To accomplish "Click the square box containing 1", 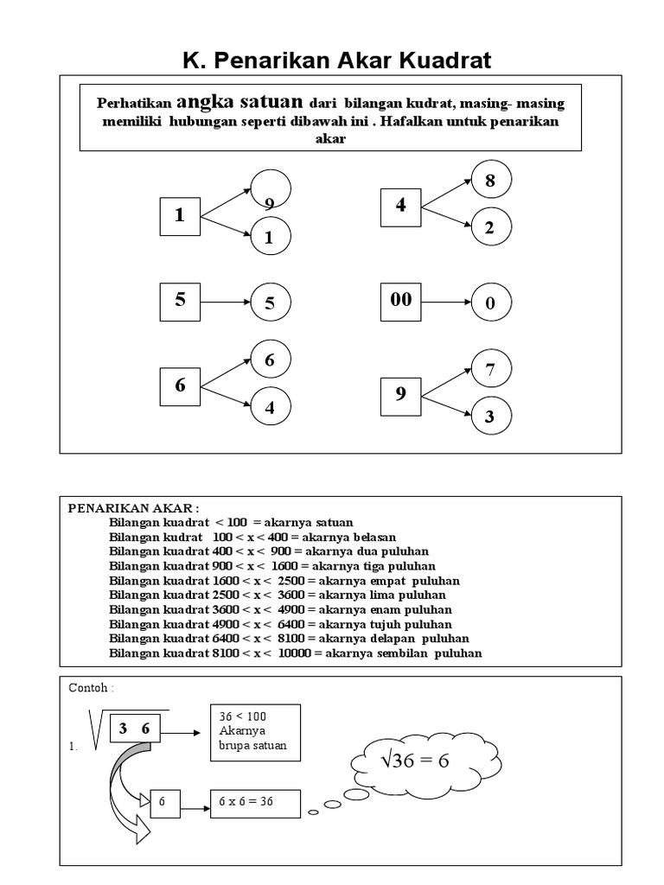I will click(180, 215).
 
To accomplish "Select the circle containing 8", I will click(491, 181).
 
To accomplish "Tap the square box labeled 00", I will click(401, 301).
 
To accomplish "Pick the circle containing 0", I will click(490, 303).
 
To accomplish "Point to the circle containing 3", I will click(490, 417).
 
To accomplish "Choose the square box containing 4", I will click(401, 206).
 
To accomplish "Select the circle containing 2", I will click(490, 228).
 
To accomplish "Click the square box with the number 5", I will click(180, 301).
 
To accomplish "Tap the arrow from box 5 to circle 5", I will click(225, 302).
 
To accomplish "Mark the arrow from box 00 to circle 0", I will click(445, 302).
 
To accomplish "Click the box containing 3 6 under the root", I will click(135, 729).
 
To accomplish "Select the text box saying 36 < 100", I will click(255, 732).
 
